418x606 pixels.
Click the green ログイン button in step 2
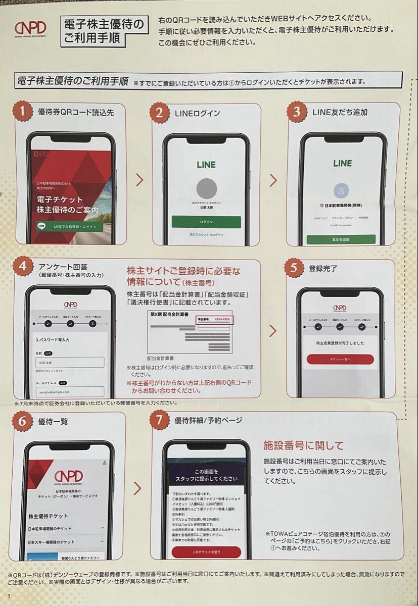[206, 222]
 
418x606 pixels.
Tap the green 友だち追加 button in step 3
[341, 239]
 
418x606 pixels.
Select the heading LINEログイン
[197, 113]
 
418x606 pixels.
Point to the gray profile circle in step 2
[206, 188]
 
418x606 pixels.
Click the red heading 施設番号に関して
[303, 445]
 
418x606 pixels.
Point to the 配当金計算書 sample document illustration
[189, 331]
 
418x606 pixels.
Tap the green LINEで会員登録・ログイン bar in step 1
[69, 227]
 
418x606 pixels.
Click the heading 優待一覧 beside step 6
[53, 421]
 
